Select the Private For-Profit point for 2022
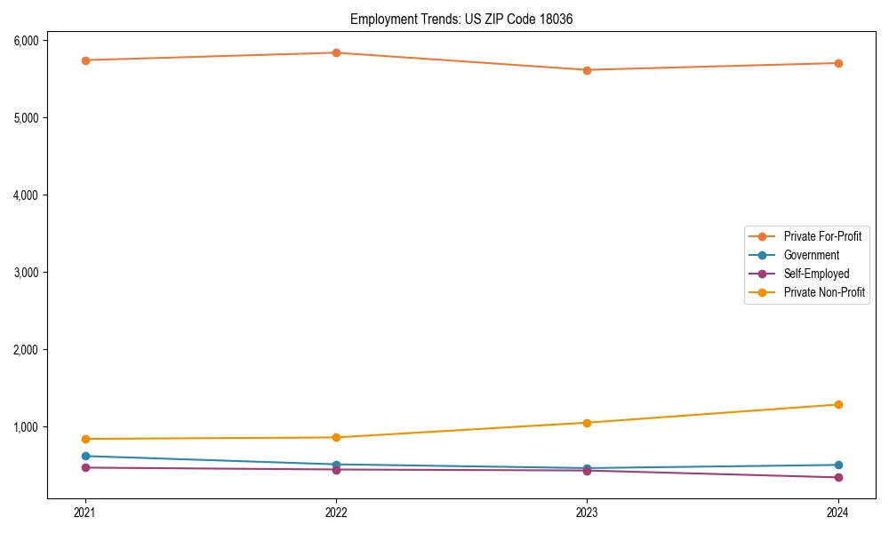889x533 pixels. pyautogui.click(x=336, y=52)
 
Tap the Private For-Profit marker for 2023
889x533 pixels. pyautogui.click(x=587, y=70)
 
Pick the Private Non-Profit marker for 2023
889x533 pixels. pyautogui.click(x=587, y=423)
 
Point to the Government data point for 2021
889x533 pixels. pyautogui.click(x=85, y=456)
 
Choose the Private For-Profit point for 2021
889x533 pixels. pyautogui.click(x=85, y=60)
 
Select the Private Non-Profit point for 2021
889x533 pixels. pyautogui.click(x=85, y=439)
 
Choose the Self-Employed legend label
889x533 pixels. pyautogui.click(x=816, y=274)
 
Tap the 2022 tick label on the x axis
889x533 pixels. pyautogui.click(x=336, y=513)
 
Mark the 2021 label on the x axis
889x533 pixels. pyautogui.click(x=85, y=513)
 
